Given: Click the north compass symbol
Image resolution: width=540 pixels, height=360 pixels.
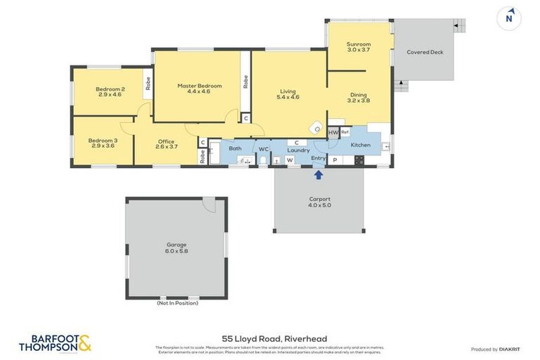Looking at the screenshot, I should point(510,19).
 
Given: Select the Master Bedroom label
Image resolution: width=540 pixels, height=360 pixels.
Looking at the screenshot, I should point(199,89).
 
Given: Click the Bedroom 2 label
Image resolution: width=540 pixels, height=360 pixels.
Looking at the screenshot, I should point(110,91).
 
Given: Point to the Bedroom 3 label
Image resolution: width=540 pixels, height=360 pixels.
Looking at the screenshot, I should point(103,143).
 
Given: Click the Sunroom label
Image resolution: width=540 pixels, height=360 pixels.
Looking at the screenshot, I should point(359,47).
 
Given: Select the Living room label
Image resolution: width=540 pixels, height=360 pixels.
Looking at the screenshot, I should point(288,94).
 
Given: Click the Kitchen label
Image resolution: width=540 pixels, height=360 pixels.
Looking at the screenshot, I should point(361,145).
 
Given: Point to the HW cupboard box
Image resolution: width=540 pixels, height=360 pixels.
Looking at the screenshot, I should point(333,133).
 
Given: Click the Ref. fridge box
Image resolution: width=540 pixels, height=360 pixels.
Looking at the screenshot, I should point(345,132).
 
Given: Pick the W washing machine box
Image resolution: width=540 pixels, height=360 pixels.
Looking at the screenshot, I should point(290,160).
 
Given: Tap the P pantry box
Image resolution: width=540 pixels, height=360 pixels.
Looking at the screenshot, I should point(334,160).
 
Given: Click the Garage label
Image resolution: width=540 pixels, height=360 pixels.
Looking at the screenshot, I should point(176,247).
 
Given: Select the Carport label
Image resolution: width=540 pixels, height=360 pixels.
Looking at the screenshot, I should point(319,202).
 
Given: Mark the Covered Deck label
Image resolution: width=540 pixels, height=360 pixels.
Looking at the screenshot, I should point(425,52).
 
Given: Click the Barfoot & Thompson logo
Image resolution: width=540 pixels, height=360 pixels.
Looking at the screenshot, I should point(55,343).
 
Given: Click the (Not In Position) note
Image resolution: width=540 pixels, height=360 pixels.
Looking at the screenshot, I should point(177,303).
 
